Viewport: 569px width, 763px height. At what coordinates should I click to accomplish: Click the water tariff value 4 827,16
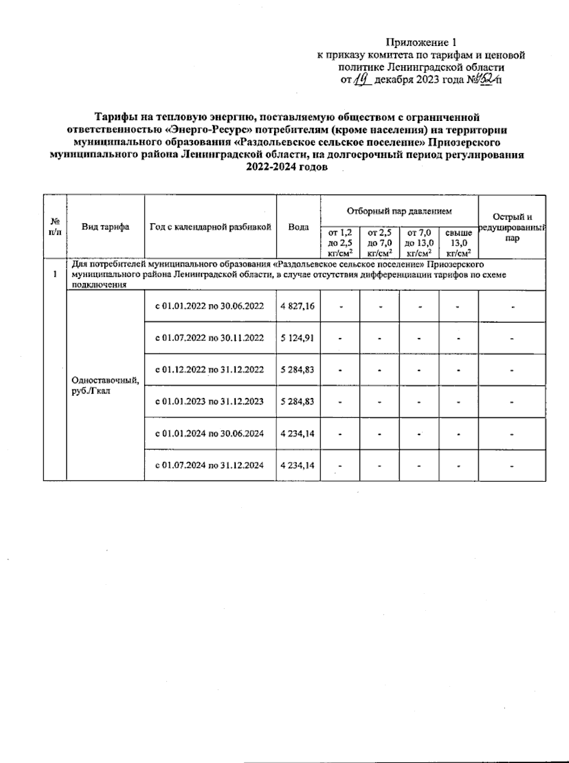click(297, 306)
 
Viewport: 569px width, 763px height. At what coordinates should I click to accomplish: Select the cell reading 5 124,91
click(297, 338)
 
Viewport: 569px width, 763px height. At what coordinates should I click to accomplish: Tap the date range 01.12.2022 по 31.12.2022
click(210, 369)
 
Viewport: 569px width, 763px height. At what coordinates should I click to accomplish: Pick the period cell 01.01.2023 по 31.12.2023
click(210, 402)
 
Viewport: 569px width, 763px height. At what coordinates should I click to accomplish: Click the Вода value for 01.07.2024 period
click(297, 465)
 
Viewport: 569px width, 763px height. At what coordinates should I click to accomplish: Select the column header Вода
click(298, 227)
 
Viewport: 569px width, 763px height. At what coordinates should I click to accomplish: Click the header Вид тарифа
click(105, 227)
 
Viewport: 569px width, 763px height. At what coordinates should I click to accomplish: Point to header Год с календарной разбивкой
click(210, 227)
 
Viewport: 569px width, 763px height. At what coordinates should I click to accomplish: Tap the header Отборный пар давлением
click(399, 211)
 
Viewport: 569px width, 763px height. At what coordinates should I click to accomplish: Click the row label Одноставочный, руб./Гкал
click(105, 386)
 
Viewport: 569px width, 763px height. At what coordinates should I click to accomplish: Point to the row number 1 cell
click(55, 275)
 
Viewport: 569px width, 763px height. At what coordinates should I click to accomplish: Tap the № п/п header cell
click(55, 227)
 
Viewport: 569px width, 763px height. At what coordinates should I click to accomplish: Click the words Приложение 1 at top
click(421, 43)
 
